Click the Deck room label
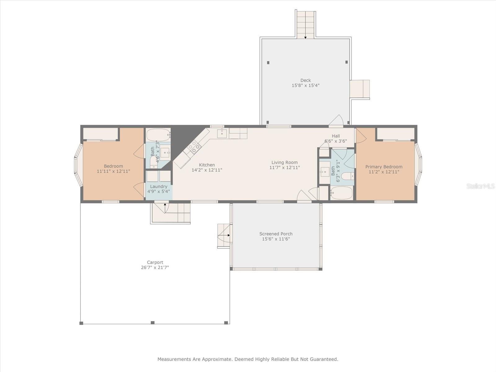click(x=306, y=80)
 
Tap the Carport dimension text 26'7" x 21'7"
click(x=155, y=268)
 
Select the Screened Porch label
click(x=276, y=234)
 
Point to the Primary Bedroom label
click(x=384, y=167)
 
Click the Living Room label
click(x=285, y=162)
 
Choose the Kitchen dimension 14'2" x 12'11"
click(x=207, y=170)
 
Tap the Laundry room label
click(x=159, y=187)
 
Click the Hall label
click(x=336, y=136)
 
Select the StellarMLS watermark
click(x=480, y=186)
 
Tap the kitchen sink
click(x=222, y=133)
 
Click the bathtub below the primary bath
click(x=341, y=193)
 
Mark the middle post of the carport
click(x=153, y=322)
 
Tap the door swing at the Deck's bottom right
click(x=336, y=120)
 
